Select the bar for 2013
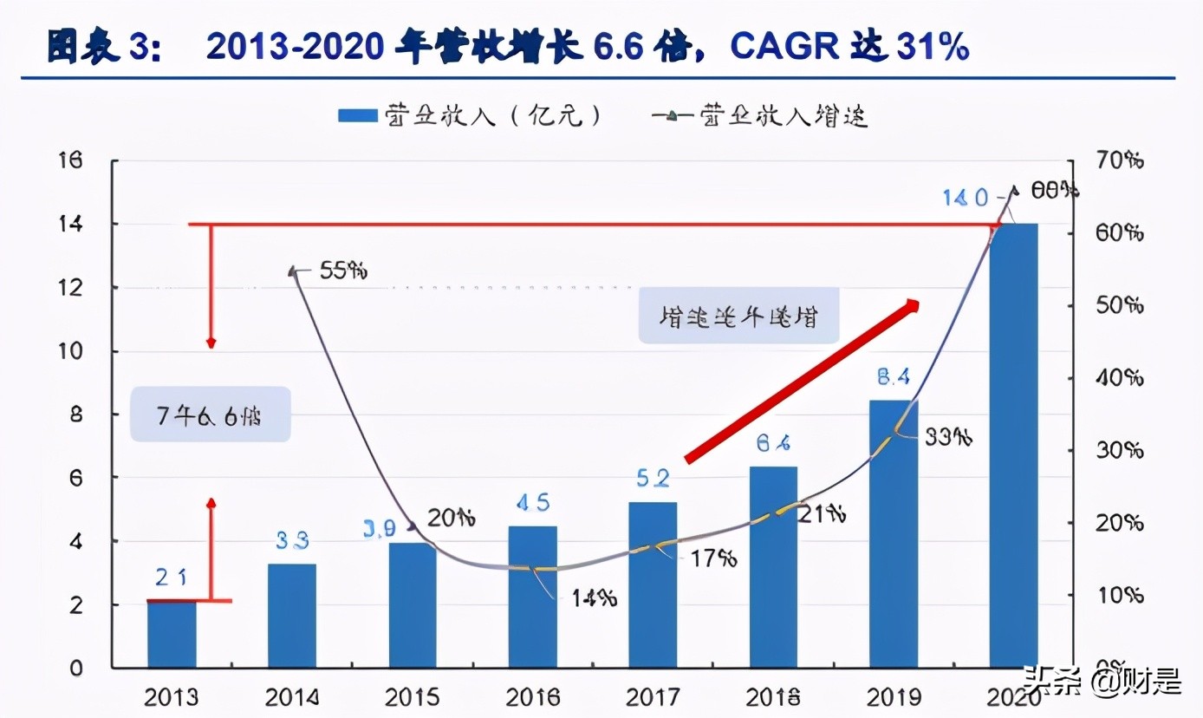(172, 634)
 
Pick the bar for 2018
(773, 567)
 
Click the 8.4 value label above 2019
(893, 378)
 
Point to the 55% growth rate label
(343, 271)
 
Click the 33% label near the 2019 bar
(947, 437)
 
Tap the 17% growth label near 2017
(713, 558)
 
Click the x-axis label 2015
(413, 697)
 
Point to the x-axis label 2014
(292, 697)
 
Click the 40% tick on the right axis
(1119, 378)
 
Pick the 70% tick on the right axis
(1119, 160)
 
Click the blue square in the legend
(357, 116)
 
